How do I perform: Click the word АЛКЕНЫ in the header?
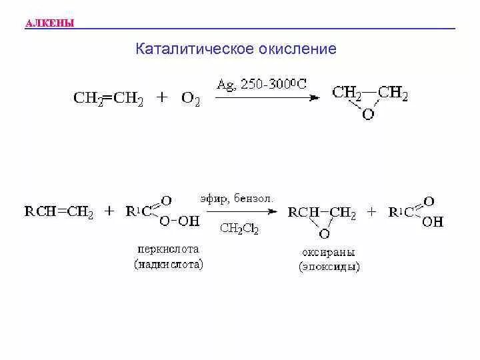point(49,25)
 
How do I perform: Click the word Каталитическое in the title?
point(184,49)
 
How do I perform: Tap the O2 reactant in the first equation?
point(190,99)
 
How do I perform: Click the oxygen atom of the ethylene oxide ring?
point(367,114)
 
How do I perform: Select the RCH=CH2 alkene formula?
point(59,213)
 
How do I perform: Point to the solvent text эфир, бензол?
point(237,199)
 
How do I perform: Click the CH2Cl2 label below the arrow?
point(239,229)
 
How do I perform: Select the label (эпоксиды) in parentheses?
point(329,267)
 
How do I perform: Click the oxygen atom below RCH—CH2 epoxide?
point(324,234)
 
